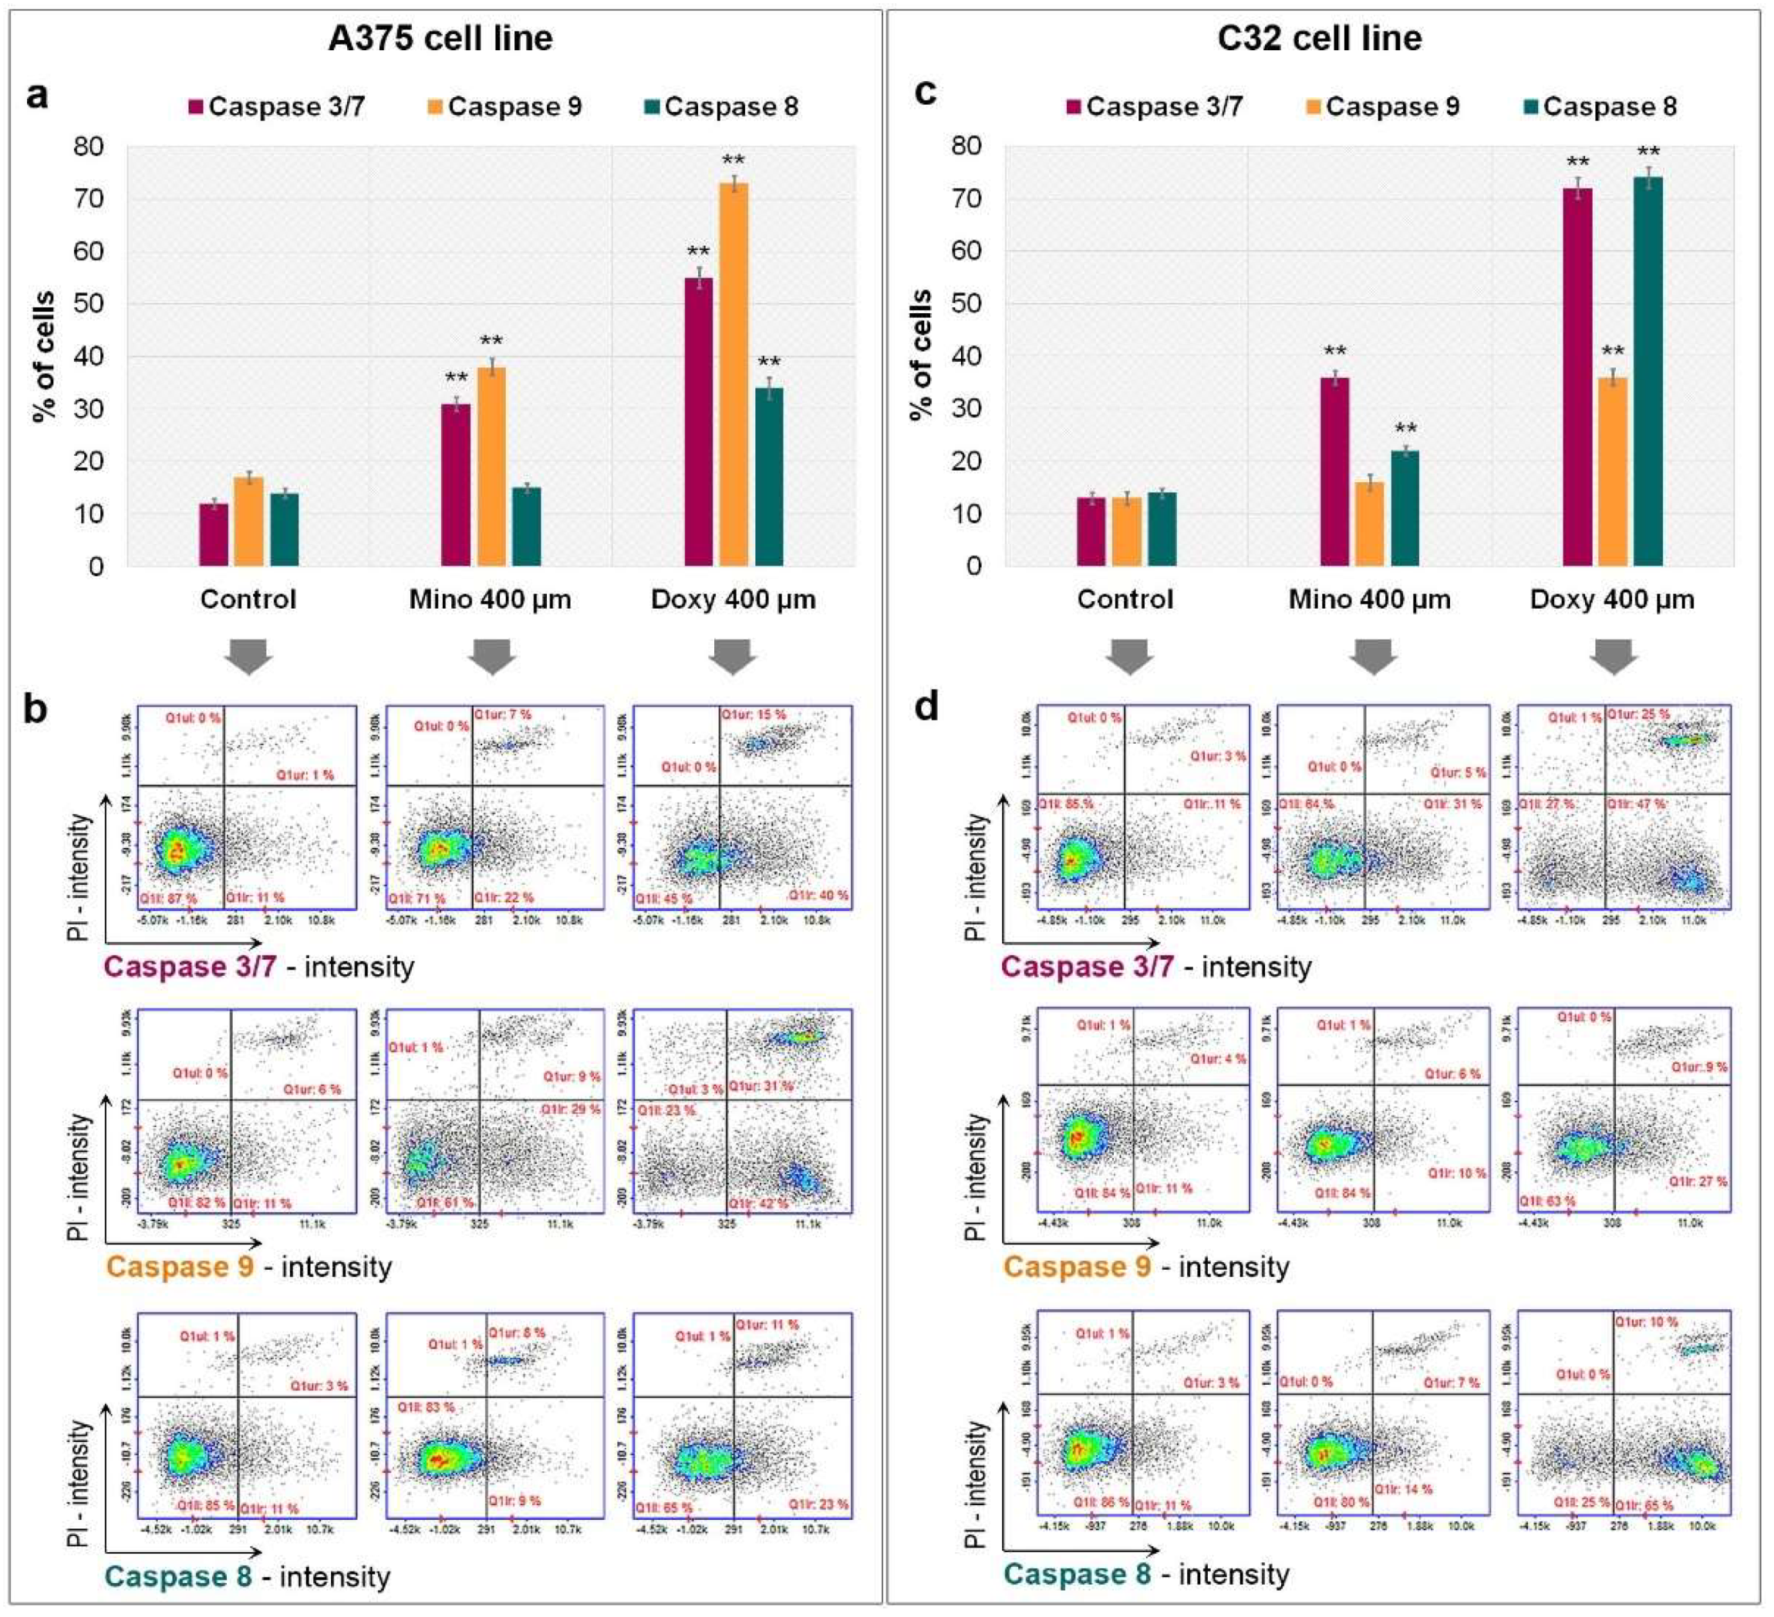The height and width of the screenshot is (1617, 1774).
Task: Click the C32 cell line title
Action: click(1319, 39)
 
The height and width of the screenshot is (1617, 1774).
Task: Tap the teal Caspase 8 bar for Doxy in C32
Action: click(1648, 370)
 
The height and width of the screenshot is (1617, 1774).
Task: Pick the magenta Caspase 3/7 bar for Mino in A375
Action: click(456, 484)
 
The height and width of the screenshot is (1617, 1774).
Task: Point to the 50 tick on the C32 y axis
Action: click(966, 304)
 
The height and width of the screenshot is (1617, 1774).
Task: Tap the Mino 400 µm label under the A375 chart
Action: click(490, 600)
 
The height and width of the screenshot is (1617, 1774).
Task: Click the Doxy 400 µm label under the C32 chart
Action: click(1612, 600)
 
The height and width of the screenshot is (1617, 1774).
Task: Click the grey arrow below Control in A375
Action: click(249, 657)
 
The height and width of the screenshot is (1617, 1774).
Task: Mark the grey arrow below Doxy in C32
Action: click(1613, 657)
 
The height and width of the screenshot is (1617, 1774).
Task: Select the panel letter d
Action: click(926, 707)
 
